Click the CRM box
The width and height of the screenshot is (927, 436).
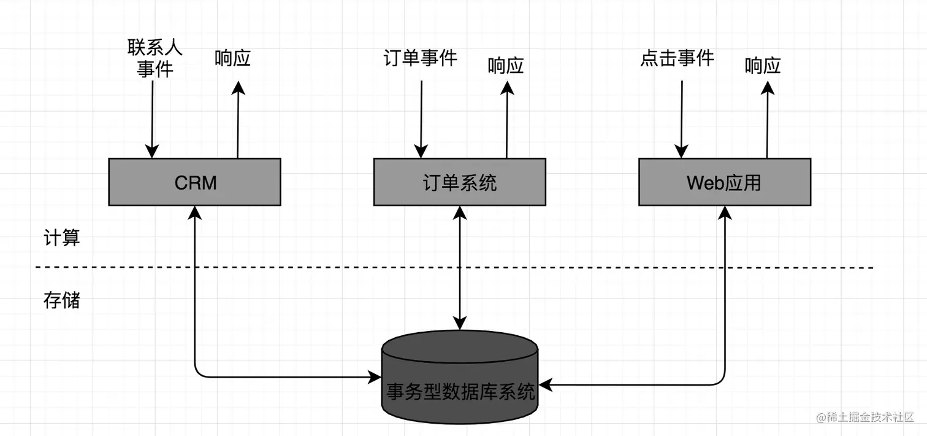click(x=194, y=182)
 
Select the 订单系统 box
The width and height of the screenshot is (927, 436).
click(x=459, y=182)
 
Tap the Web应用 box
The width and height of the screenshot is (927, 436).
click(x=724, y=182)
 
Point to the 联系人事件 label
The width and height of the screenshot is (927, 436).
click(x=154, y=58)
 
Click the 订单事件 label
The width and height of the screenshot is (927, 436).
click(x=421, y=58)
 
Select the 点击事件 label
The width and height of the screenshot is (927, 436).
click(x=677, y=58)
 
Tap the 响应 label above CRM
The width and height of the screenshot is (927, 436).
click(x=233, y=59)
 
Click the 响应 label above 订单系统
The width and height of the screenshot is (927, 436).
click(x=506, y=66)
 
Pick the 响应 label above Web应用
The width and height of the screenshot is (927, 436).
click(x=763, y=66)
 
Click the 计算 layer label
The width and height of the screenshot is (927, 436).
click(x=62, y=238)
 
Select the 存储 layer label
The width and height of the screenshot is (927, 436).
click(x=62, y=300)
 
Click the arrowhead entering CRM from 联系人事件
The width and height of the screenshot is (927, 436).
click(x=151, y=152)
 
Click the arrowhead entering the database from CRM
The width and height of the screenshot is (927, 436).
click(x=375, y=377)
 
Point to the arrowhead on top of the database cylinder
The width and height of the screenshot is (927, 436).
click(x=460, y=323)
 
